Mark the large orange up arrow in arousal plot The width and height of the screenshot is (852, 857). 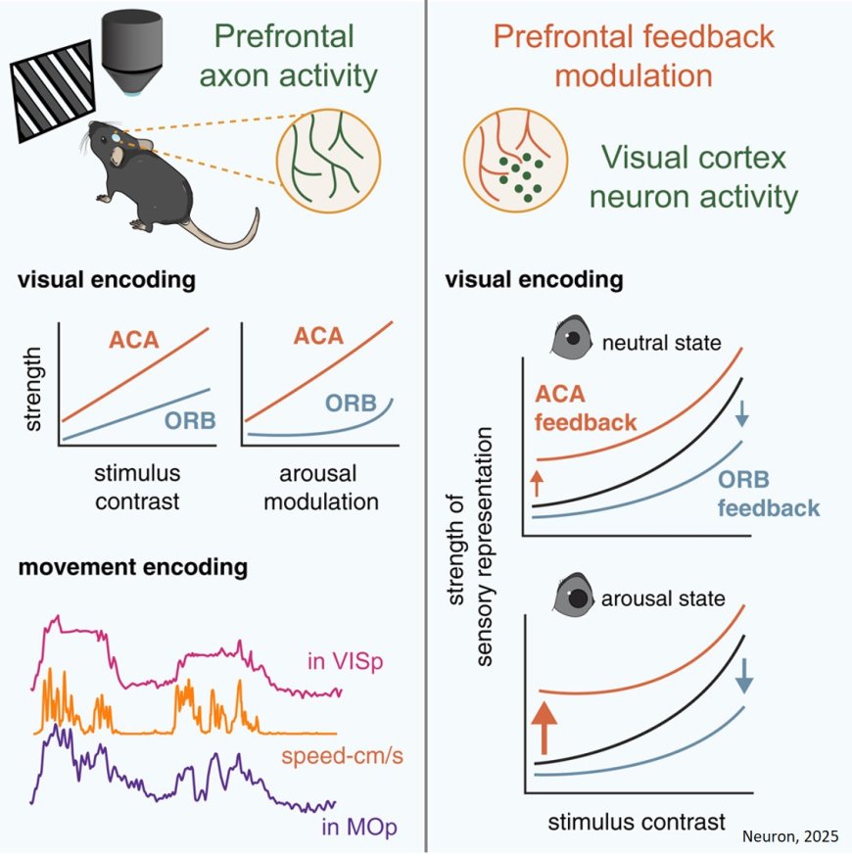coord(543,730)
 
